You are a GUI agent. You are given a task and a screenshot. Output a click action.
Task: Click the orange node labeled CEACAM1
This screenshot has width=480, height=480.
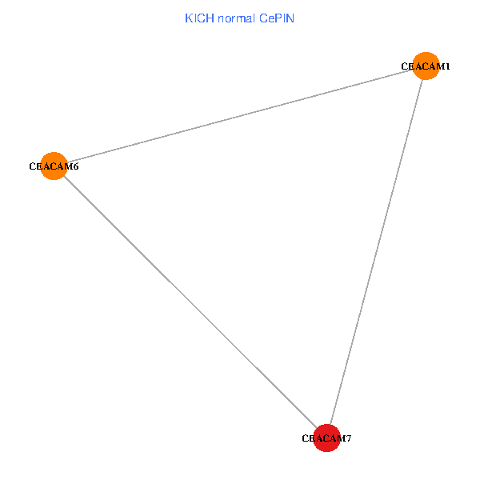click(426, 66)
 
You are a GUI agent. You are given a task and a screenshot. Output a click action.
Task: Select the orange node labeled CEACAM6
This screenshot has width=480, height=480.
click(53, 166)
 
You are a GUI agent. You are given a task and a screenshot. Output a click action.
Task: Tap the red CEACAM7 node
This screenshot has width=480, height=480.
click(326, 438)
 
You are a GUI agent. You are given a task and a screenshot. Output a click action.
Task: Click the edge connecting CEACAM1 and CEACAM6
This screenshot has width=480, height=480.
click(240, 116)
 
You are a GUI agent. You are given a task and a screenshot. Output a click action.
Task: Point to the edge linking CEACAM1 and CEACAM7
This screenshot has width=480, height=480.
click(376, 252)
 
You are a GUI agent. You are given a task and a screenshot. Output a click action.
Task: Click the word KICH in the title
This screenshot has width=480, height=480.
click(196, 18)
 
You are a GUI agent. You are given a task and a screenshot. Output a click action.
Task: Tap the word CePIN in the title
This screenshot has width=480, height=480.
click(276, 18)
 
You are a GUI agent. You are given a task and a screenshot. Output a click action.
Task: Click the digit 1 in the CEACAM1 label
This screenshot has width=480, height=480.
click(447, 66)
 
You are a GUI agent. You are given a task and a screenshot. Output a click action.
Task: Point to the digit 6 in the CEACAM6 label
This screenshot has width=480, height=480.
click(75, 167)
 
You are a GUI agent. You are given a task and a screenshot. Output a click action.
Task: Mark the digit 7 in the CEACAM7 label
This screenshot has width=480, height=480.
click(349, 438)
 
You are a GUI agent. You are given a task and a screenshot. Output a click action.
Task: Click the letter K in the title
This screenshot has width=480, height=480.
click(188, 18)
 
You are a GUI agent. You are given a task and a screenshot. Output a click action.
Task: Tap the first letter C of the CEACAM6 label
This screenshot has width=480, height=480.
click(32, 167)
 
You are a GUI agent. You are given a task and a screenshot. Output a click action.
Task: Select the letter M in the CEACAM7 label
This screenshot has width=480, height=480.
click(342, 438)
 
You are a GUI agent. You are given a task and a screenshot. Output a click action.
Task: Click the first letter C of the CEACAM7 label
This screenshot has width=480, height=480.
click(305, 438)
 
